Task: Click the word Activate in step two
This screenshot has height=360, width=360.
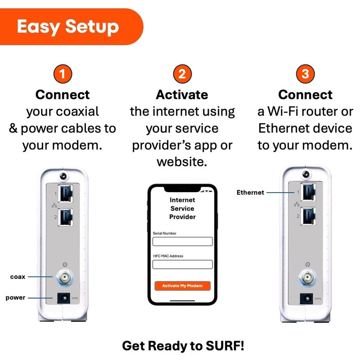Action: [x=182, y=95]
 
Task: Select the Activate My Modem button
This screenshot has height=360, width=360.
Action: [x=182, y=286]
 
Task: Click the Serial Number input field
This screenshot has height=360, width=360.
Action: [x=182, y=242]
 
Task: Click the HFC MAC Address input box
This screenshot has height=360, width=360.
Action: [x=182, y=264]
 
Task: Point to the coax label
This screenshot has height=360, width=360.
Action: [x=18, y=277]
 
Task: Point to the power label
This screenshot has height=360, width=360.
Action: [x=15, y=297]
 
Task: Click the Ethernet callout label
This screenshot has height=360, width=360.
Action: [x=250, y=193]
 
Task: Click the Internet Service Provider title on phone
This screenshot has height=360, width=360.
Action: [x=182, y=208]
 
